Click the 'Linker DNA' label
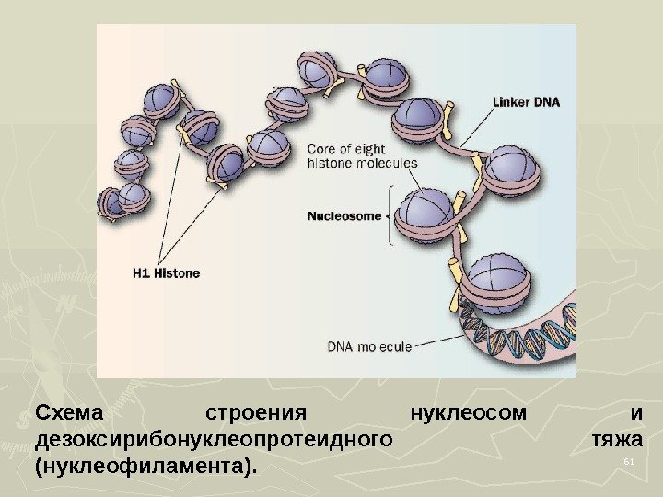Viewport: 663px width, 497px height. (x=527, y=102)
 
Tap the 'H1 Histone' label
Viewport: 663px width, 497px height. (x=166, y=272)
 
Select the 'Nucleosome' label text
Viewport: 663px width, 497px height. (x=343, y=216)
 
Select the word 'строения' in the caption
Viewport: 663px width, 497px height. (x=255, y=411)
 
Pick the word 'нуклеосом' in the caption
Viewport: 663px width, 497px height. (x=469, y=411)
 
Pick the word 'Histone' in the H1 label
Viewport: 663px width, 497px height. (x=179, y=272)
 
